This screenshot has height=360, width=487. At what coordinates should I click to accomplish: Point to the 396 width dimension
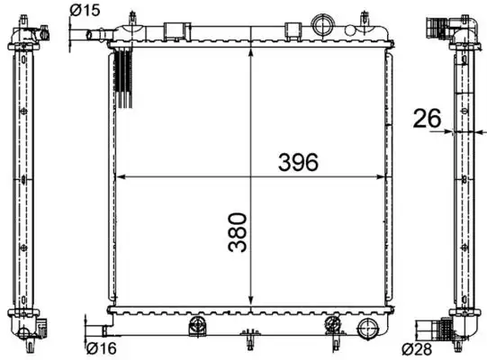coord(298,162)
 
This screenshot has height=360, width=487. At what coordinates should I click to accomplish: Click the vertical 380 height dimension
coord(238,231)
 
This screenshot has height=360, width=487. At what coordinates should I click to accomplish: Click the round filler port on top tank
coord(322,24)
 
